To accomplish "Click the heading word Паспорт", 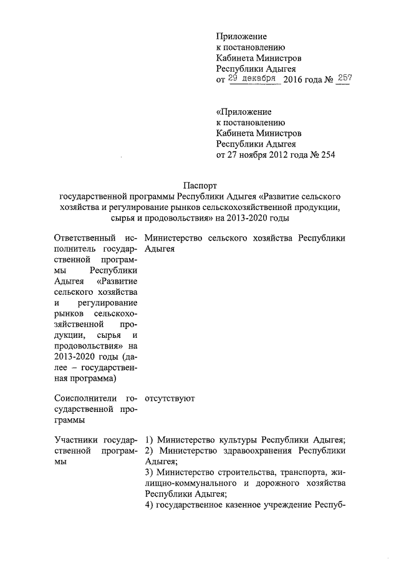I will pyautogui.click(x=199, y=185).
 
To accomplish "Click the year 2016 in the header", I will pyautogui.click(x=295, y=81).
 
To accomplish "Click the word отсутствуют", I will pyautogui.click(x=170, y=397).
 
